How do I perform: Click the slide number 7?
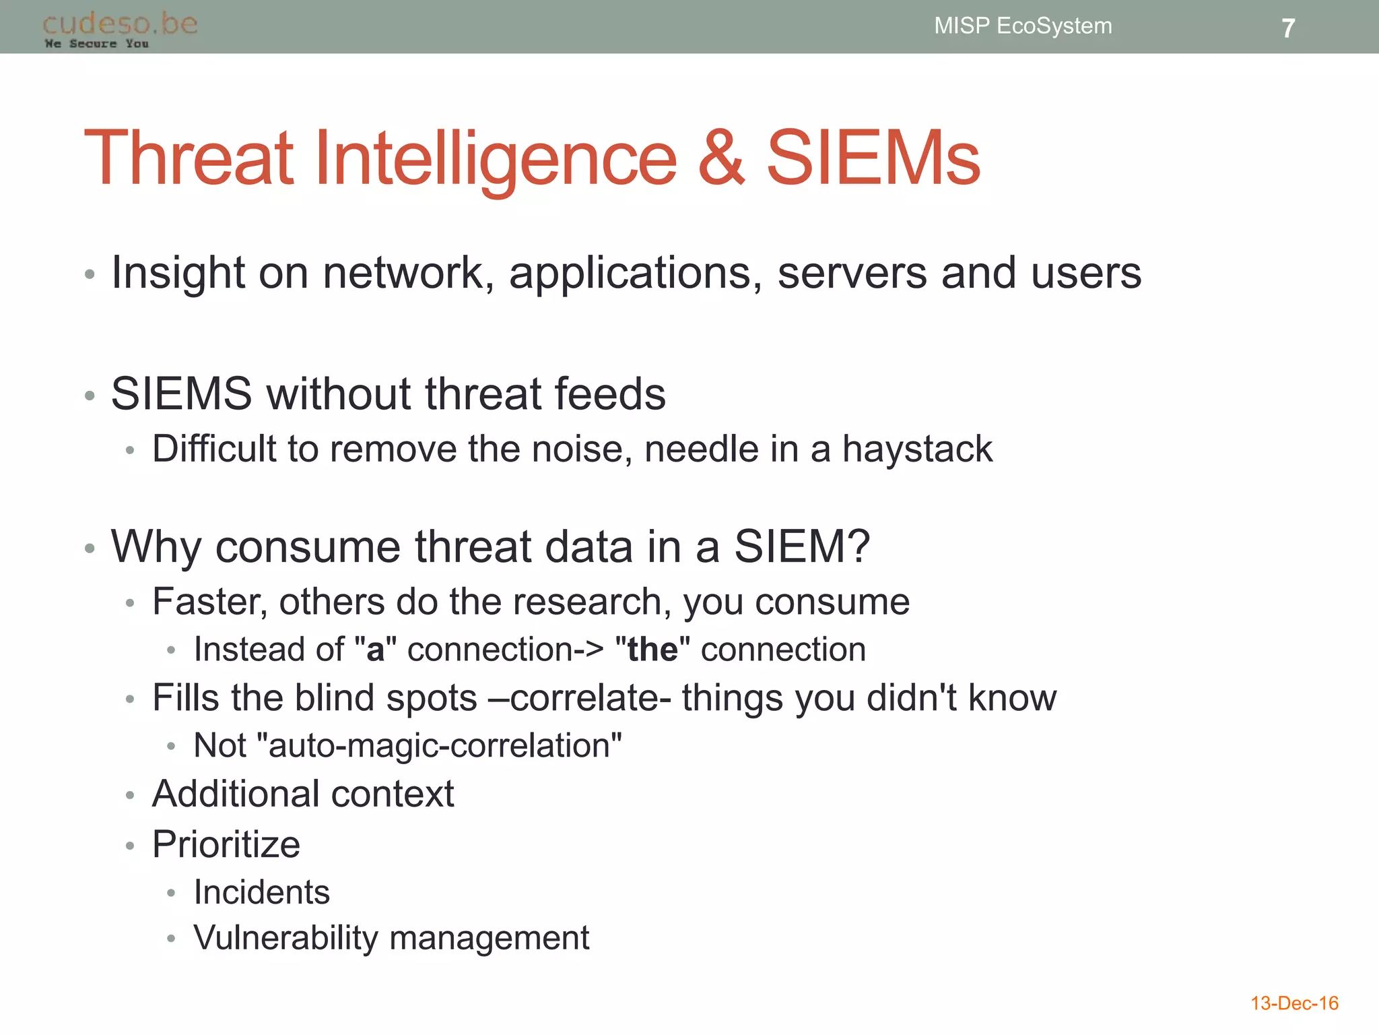1287,28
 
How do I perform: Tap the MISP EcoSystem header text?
1022,26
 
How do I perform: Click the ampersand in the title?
721,158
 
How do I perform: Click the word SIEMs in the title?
873,158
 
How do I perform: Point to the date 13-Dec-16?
1293,1003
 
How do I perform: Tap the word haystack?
917,449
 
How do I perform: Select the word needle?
701,449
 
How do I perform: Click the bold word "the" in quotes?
652,650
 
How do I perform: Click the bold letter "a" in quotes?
375,650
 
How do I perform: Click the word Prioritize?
226,844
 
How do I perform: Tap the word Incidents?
261,893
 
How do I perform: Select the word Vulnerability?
285,938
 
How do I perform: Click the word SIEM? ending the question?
801,546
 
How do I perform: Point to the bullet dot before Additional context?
130,796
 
